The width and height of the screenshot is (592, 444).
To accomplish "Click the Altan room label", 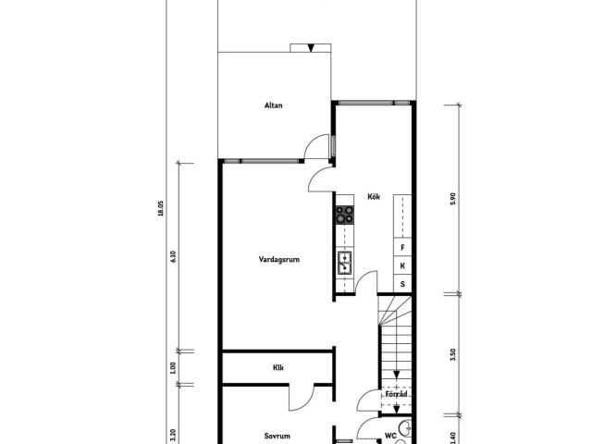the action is [x=274, y=105].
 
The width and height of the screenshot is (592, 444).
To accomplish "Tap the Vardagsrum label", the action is [x=279, y=259].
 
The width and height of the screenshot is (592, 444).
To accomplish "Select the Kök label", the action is [x=374, y=196].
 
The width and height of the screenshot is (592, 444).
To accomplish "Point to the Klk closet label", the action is [x=278, y=367].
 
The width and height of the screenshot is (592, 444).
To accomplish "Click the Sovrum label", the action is [x=277, y=436].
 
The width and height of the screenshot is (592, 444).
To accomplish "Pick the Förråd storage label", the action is [x=397, y=394].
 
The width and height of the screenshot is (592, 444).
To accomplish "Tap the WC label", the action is [x=390, y=436].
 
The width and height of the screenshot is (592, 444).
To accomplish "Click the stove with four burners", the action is [x=345, y=215].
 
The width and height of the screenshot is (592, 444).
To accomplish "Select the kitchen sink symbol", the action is [x=345, y=263].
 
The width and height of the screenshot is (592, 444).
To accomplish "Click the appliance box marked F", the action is [x=402, y=247].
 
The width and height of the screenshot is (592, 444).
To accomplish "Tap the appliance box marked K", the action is [x=402, y=265].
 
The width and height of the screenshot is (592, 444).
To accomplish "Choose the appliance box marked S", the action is [x=402, y=284].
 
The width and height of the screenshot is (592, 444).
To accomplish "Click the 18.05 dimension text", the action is [x=161, y=208].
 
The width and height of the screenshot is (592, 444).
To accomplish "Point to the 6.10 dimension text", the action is [x=173, y=257].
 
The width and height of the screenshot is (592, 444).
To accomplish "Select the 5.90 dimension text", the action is [x=453, y=199].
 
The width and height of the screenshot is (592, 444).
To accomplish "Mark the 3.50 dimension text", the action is [x=453, y=354].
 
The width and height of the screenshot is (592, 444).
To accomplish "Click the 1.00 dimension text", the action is [x=173, y=368].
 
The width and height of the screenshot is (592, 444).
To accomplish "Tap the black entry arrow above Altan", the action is [x=311, y=48].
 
